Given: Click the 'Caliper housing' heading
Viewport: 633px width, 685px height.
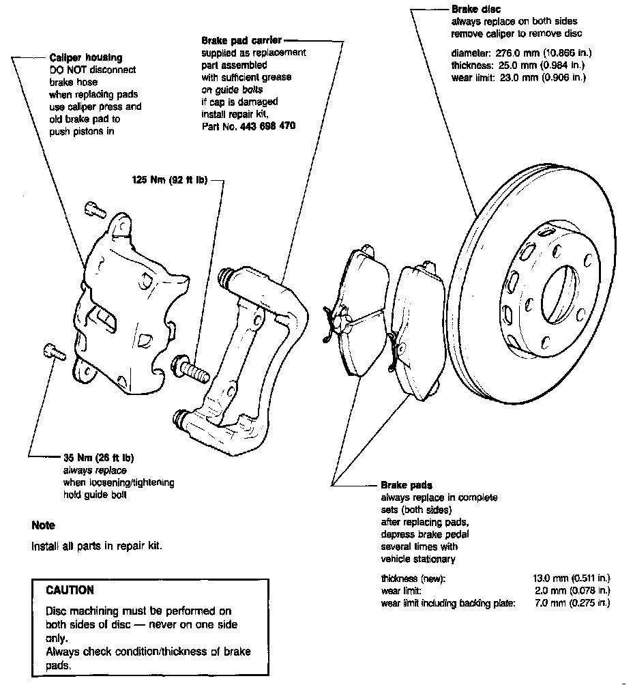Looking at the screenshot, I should coord(86,59).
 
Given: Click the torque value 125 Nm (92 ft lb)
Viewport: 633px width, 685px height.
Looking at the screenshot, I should coord(170,181).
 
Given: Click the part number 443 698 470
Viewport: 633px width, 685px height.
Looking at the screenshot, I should coord(268,126).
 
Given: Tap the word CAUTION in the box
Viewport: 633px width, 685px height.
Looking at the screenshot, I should coord(70,589).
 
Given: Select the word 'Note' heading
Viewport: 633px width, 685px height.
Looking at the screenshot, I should coord(43,525).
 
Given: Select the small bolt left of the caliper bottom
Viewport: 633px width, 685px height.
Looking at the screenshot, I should coord(52,351).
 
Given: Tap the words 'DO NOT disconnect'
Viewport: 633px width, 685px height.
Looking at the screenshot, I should coord(92,70).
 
